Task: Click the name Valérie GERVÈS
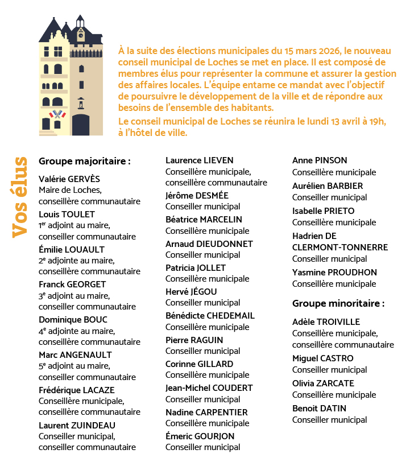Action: (x=69, y=179)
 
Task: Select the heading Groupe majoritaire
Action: (x=85, y=161)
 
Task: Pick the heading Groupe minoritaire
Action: (x=338, y=303)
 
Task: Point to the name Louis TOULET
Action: (x=67, y=214)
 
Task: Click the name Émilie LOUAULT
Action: (x=72, y=249)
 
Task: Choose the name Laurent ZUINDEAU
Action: (x=77, y=425)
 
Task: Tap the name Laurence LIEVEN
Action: (x=200, y=160)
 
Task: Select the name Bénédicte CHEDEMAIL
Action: (x=210, y=316)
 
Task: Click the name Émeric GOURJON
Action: (x=200, y=436)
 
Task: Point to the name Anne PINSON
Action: (x=320, y=160)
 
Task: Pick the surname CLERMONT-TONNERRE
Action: (x=340, y=247)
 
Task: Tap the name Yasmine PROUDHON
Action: (x=334, y=273)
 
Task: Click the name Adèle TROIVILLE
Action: (x=326, y=322)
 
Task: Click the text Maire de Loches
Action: (x=69, y=190)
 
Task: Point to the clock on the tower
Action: (x=81, y=34)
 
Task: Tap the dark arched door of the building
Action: (x=81, y=123)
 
